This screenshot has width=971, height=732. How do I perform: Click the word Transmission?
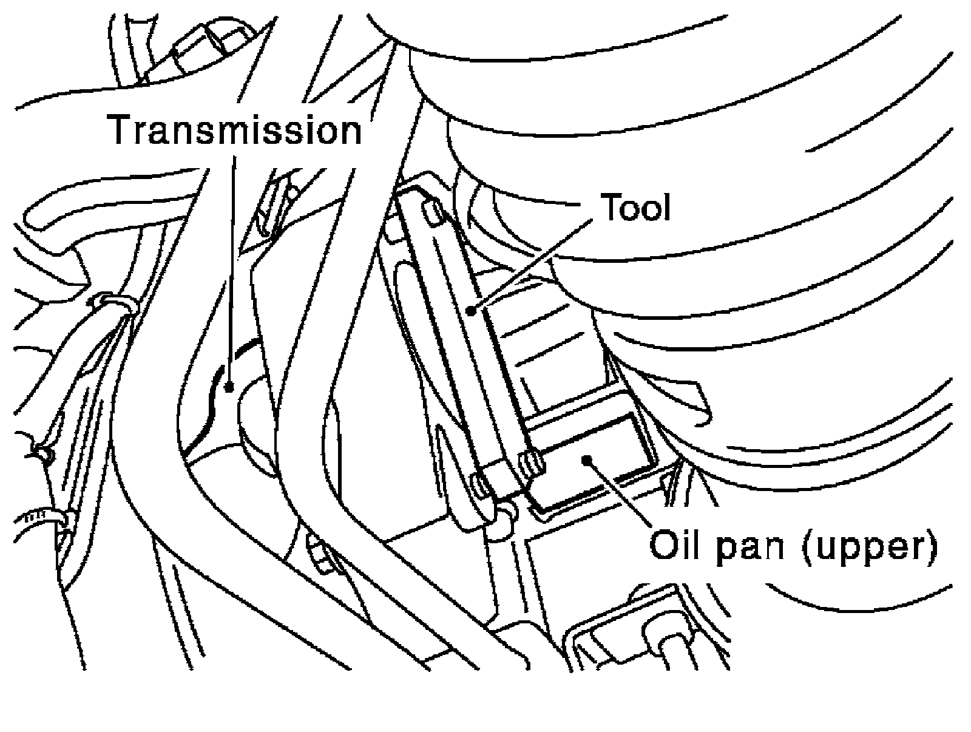235,131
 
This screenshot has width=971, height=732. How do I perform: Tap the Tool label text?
635,208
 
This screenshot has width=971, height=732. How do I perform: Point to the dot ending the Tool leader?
471,311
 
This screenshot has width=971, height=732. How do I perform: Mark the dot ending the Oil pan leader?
586,459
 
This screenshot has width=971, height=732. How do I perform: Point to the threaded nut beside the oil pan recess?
532,463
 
